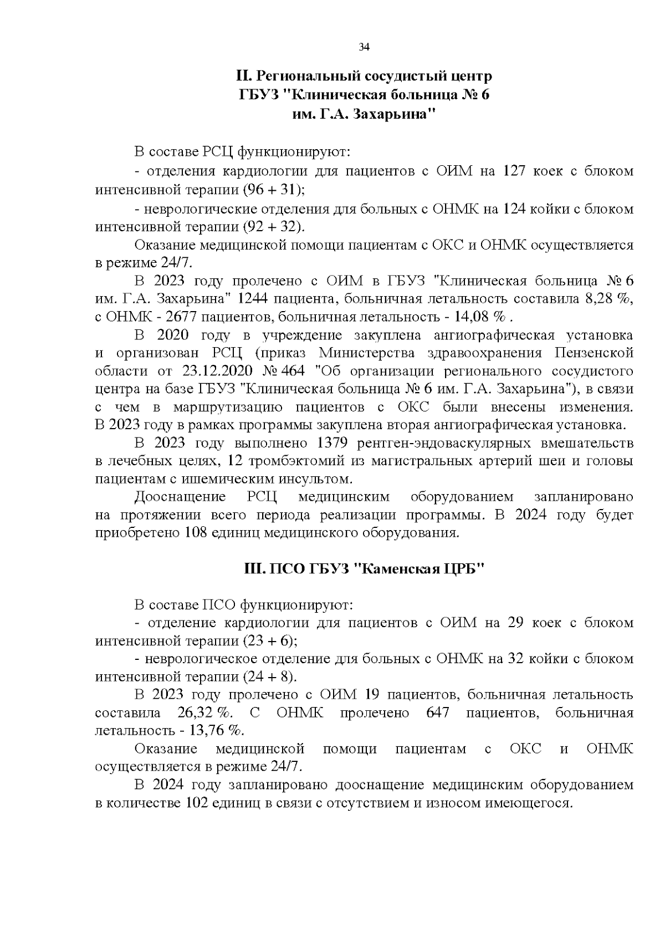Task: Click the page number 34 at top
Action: pos(364,47)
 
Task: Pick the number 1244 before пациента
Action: pos(253,298)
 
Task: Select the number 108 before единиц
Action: pos(195,533)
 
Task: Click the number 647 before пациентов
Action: pos(438,713)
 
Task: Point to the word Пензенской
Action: pos(594,353)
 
